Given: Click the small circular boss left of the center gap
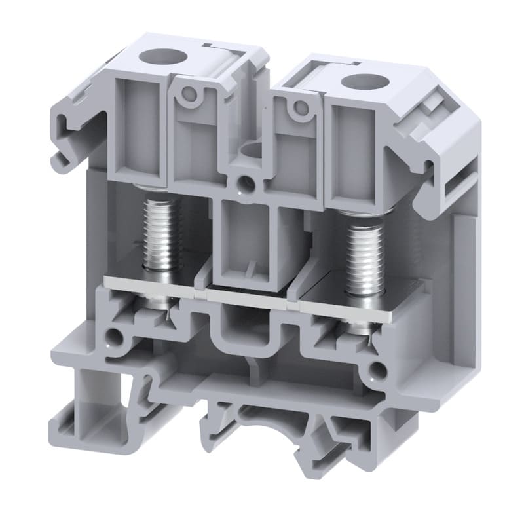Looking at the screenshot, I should point(189,94).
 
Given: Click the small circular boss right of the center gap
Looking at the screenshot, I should point(301,107).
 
